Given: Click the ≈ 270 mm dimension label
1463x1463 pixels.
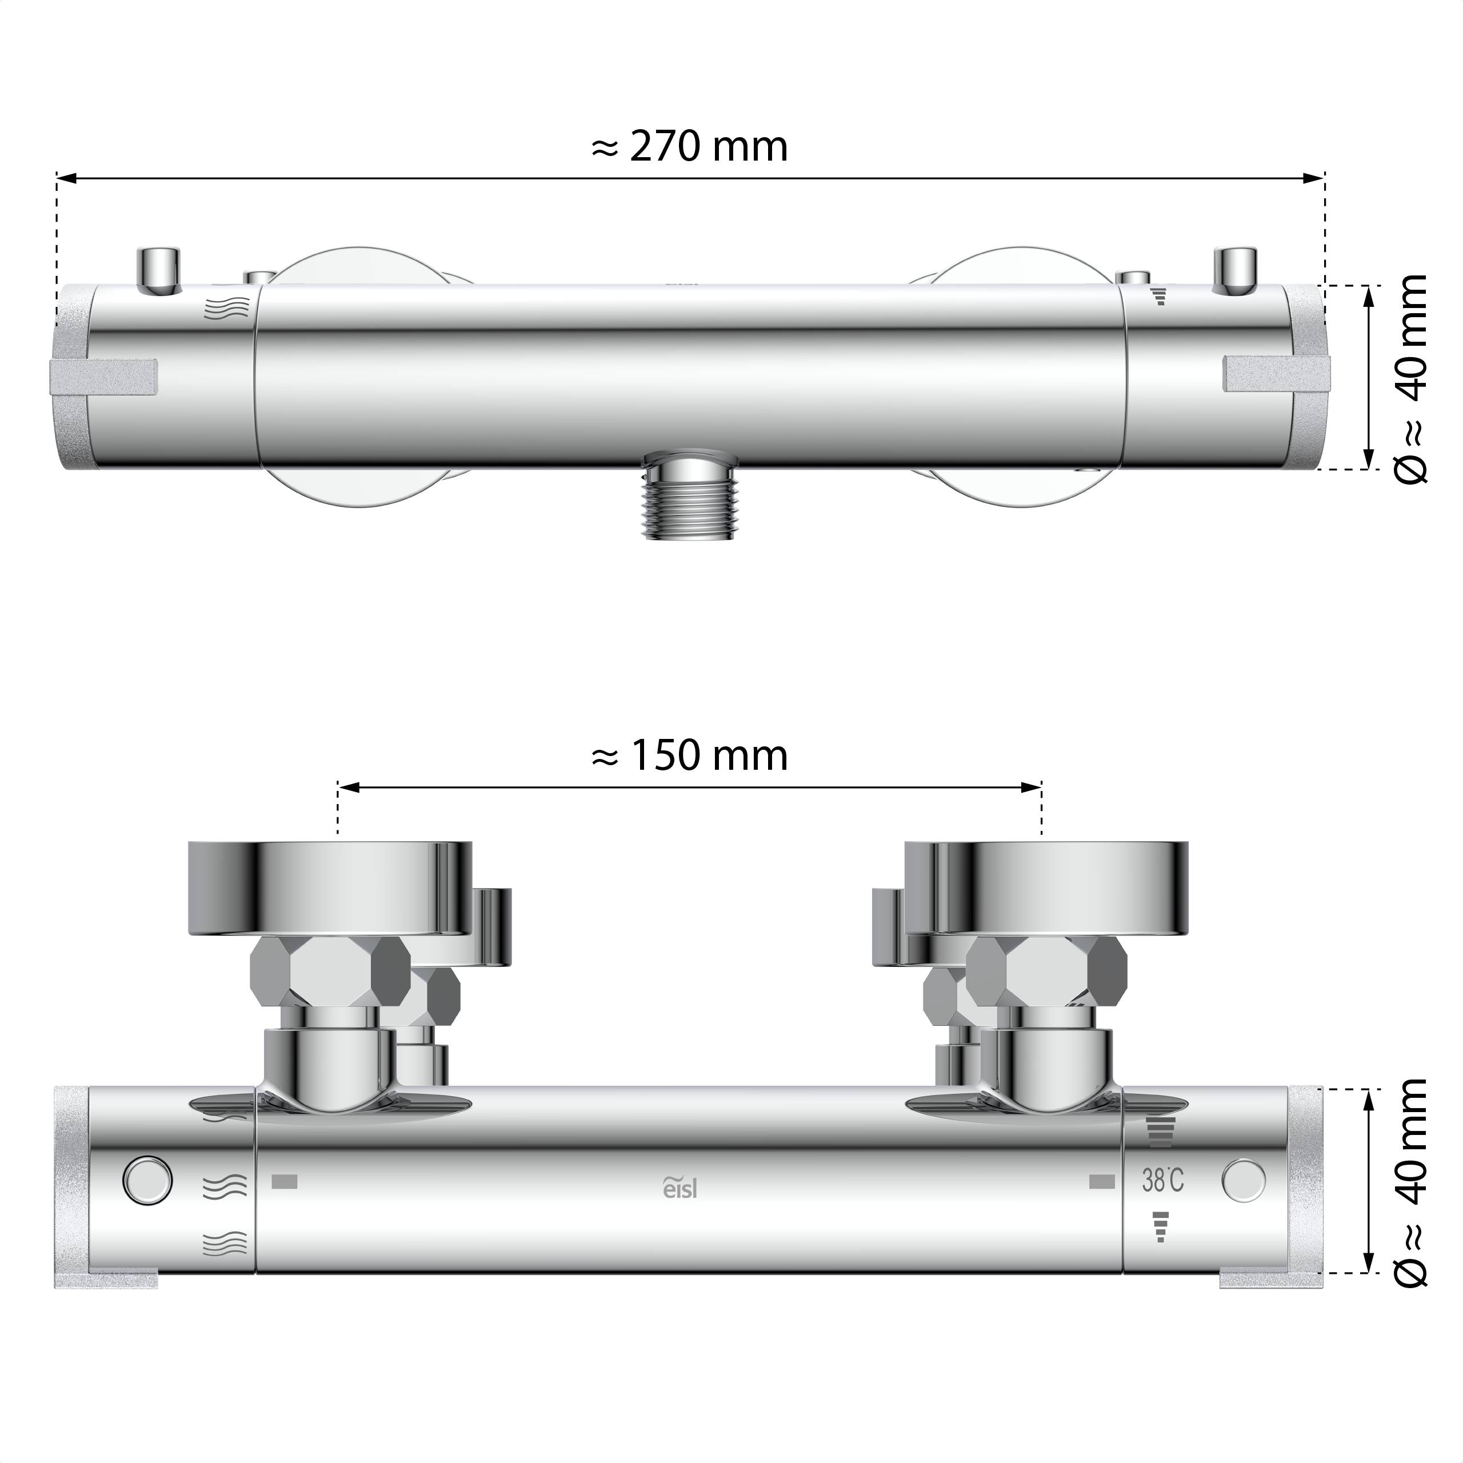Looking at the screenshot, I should click(x=689, y=146).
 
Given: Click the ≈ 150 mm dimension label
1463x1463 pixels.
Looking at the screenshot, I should click(x=689, y=756).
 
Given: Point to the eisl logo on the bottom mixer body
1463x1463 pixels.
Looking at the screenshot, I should click(x=680, y=1188).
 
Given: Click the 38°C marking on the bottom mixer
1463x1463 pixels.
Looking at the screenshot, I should click(x=1162, y=1180).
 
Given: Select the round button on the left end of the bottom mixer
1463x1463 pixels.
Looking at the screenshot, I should click(x=147, y=1180).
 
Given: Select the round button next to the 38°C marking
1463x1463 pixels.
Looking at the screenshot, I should click(x=1242, y=1180).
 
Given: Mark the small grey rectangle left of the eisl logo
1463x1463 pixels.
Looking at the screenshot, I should click(x=284, y=1181).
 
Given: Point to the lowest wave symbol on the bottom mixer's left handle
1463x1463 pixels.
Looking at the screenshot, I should click(x=226, y=1242).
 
